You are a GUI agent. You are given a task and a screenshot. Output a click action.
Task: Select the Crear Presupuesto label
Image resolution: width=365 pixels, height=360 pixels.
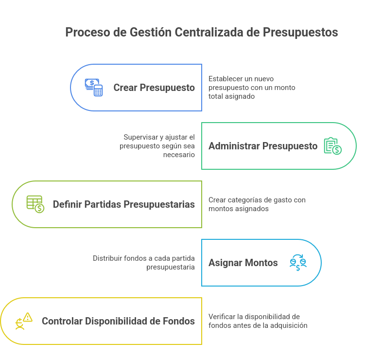(154, 88)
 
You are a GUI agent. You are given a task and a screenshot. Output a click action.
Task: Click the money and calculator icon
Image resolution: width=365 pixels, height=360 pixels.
(94, 88)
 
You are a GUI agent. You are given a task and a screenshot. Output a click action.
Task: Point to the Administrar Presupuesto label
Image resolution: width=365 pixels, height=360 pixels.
(263, 146)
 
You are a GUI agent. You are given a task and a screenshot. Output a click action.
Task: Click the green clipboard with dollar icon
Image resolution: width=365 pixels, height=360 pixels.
(333, 146)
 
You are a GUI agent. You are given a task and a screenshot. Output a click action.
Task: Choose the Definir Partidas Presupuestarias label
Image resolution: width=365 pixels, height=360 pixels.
(124, 204)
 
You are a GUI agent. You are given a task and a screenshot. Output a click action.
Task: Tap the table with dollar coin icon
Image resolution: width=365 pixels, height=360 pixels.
(35, 204)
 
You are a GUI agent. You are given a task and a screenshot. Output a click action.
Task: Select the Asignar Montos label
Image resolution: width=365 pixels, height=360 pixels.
(243, 263)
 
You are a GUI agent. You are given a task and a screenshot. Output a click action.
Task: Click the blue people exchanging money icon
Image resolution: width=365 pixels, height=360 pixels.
(298, 263)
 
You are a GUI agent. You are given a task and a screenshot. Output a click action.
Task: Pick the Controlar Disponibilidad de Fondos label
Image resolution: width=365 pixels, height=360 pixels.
(118, 321)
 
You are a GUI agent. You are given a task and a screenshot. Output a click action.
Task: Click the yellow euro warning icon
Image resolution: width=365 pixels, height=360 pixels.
(24, 321)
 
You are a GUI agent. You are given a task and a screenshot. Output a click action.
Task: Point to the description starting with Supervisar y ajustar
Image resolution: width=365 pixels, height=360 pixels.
(159, 146)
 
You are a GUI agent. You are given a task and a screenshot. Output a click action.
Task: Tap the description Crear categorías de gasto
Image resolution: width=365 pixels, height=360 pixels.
(257, 204)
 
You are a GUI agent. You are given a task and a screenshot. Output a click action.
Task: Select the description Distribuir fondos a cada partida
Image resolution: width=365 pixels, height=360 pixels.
(144, 263)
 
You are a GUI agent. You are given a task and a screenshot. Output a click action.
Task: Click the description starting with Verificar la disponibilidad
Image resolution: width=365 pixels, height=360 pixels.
(258, 321)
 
